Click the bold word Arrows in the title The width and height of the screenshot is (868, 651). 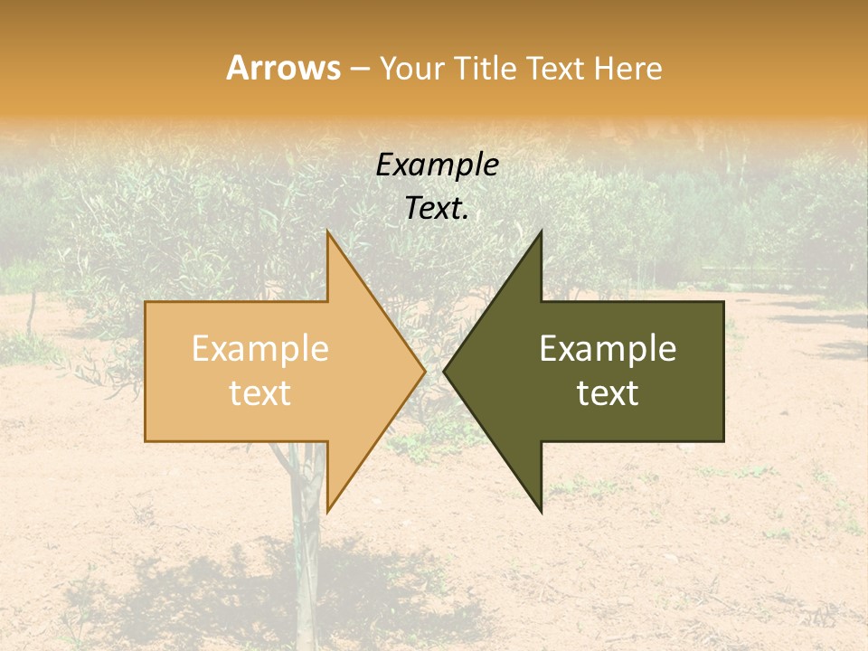[x=283, y=69]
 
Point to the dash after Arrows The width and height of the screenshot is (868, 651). [x=359, y=69]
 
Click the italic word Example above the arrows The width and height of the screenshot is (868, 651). [x=437, y=165]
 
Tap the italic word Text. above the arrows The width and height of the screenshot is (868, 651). [x=437, y=208]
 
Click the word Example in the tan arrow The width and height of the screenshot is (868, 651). [x=259, y=349]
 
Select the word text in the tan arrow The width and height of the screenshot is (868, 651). [x=259, y=393]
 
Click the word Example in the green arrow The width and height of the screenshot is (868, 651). [x=608, y=349]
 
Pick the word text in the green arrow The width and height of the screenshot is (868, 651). [x=608, y=393]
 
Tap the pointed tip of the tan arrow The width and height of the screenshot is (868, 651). [x=423, y=371]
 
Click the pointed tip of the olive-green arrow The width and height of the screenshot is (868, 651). [x=446, y=371]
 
